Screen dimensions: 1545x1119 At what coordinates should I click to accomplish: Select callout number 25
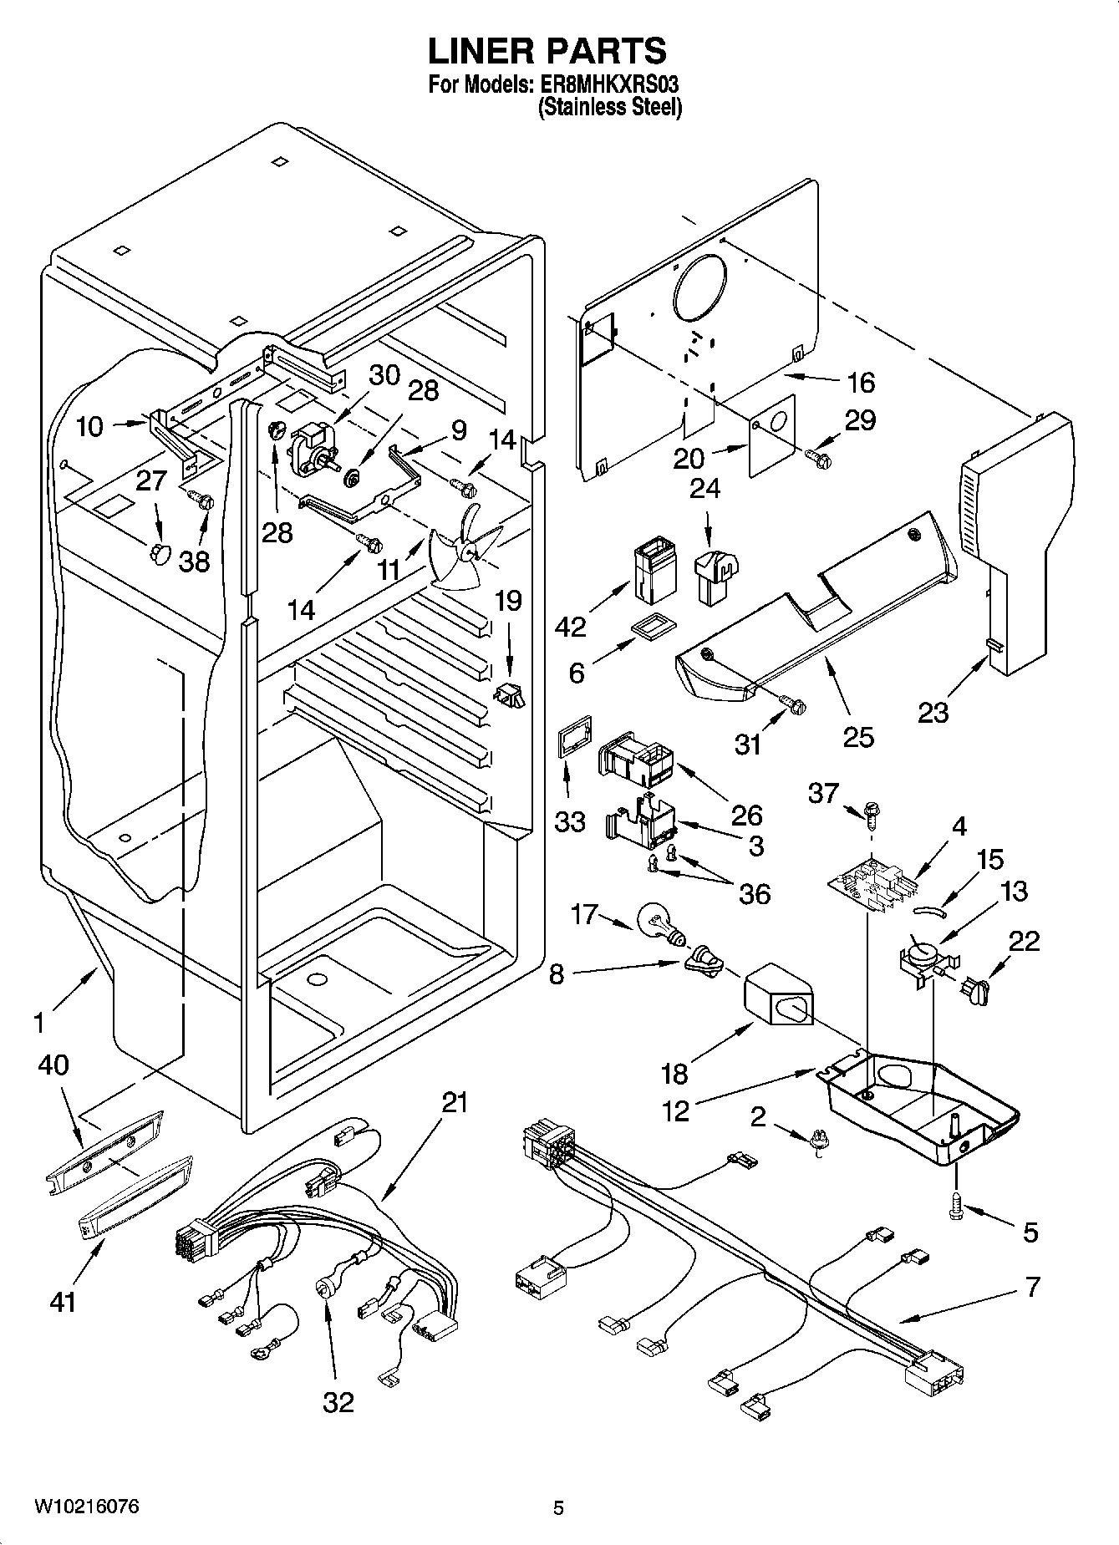point(858,736)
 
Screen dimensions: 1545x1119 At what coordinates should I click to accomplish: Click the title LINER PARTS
point(547,52)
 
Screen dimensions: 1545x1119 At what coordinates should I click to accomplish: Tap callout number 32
point(338,1402)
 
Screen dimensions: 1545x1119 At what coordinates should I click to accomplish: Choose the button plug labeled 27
point(157,552)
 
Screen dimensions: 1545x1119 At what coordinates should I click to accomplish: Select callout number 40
point(53,1065)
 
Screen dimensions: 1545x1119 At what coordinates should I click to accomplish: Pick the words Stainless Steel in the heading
point(610,107)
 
